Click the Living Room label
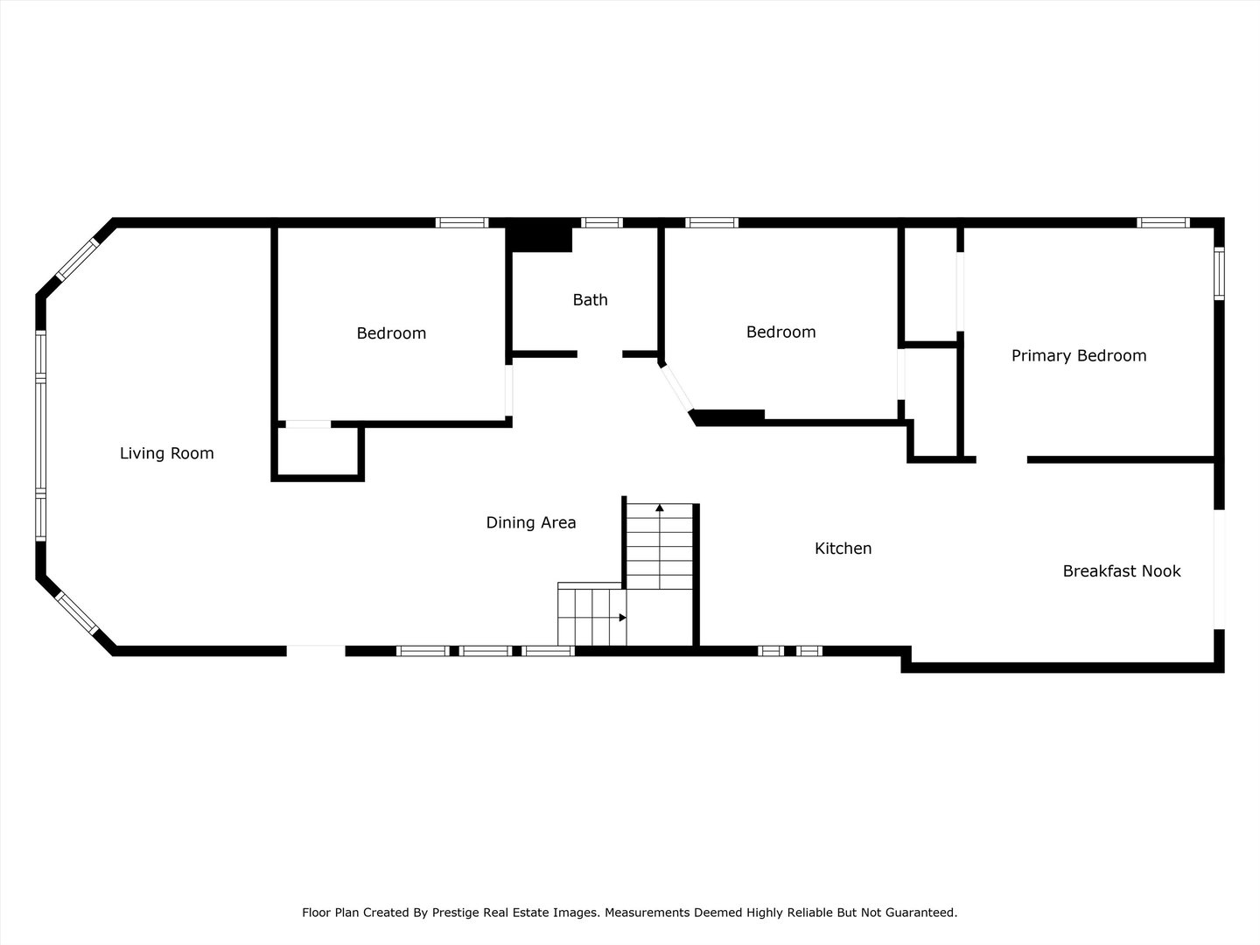coord(166,453)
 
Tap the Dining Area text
coord(530,522)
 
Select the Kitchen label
coord(843,549)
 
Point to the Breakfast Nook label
coord(1121,571)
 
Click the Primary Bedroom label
coord(1078,355)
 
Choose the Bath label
coord(590,300)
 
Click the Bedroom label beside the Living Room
coord(391,333)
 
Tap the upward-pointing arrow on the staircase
coord(660,507)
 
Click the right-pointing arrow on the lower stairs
coord(622,618)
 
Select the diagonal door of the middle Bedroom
coord(677,388)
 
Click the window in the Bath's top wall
coord(602,222)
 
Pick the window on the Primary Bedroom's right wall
coord(1218,274)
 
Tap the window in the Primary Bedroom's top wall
coord(1163,222)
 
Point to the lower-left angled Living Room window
coord(76,613)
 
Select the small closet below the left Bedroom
coord(318,451)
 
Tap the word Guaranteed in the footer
coord(921,913)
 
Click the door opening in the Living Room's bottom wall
coord(316,650)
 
